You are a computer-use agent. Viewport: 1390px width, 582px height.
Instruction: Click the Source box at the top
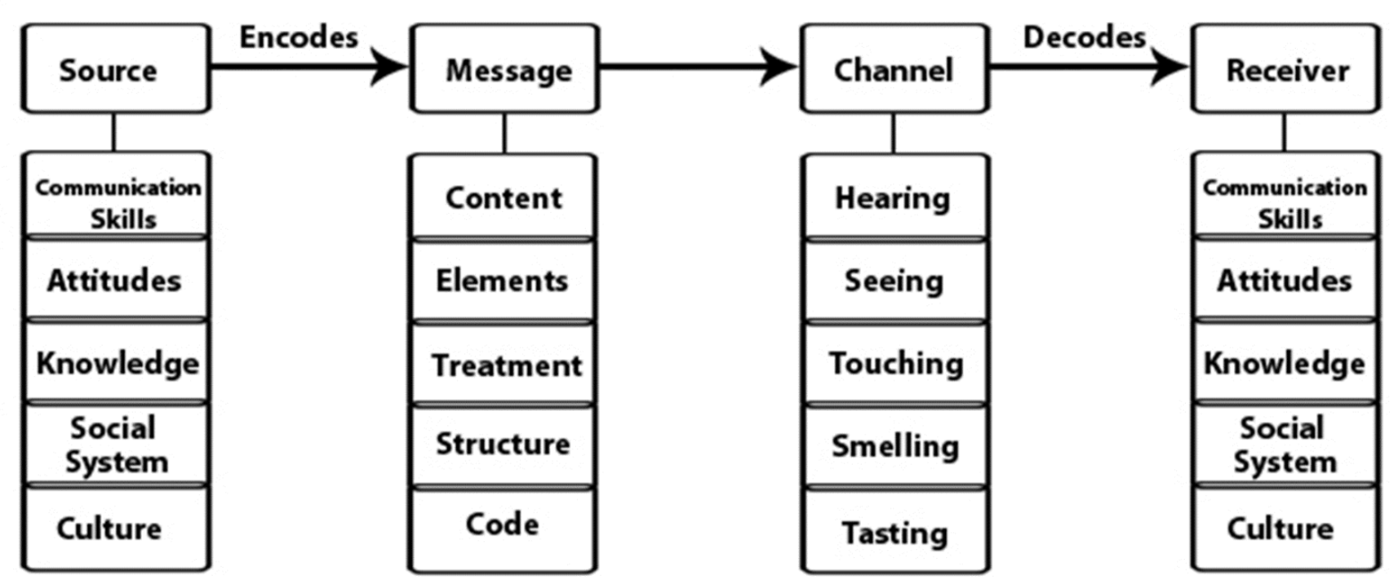pos(115,69)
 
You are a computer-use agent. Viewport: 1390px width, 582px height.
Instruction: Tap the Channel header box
pos(894,69)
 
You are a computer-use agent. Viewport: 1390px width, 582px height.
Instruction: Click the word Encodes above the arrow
pos(298,36)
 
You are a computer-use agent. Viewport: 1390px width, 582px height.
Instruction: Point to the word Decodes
pos(1085,36)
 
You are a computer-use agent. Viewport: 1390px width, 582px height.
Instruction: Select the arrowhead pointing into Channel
pos(781,67)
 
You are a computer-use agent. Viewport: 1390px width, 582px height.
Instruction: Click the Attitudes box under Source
pos(115,280)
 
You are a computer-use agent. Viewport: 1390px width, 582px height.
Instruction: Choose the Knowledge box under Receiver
pos(1283,363)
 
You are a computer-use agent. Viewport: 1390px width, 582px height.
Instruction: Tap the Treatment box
pos(503,365)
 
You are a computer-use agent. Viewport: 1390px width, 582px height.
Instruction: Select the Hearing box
pos(894,197)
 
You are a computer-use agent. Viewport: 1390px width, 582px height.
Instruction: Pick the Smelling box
pos(894,445)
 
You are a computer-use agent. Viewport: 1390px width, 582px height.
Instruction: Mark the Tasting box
pos(894,532)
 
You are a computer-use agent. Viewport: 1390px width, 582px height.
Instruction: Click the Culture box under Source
pos(111,529)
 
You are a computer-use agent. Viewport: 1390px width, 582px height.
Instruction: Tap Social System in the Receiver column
pos(1283,445)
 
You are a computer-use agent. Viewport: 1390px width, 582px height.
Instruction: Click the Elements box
pos(503,280)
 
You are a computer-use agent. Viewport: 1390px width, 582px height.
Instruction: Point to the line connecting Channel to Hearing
pos(893,133)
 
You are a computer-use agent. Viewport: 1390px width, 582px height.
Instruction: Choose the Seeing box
pos(894,281)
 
